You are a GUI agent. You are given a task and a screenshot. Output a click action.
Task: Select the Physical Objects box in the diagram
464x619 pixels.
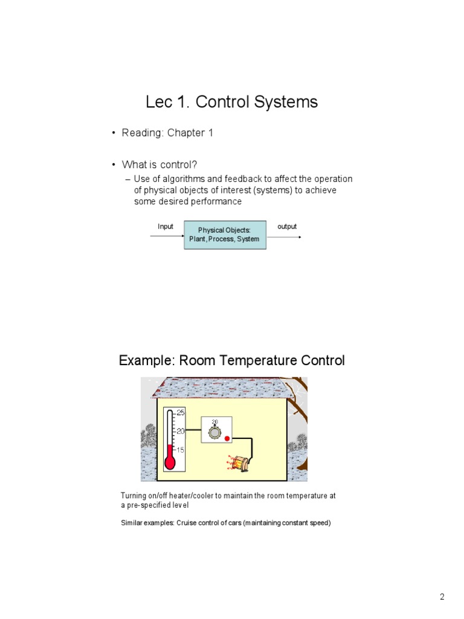(224, 235)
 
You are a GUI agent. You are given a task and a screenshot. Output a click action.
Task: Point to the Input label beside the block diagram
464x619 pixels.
(166, 227)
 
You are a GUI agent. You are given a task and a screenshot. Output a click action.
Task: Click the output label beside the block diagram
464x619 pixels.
(287, 227)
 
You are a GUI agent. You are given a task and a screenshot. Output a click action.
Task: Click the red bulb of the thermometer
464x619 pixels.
(170, 463)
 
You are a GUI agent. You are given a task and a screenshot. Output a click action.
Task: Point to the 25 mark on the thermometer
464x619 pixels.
(181, 413)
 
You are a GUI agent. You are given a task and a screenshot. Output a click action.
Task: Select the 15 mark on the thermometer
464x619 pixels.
(181, 450)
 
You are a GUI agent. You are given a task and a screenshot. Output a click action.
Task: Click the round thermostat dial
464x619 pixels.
(214, 432)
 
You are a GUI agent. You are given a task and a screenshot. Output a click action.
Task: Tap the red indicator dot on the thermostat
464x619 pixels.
(227, 438)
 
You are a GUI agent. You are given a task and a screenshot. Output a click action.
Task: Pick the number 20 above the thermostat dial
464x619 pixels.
(214, 422)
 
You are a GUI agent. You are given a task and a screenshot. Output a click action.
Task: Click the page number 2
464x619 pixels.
(442, 598)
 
